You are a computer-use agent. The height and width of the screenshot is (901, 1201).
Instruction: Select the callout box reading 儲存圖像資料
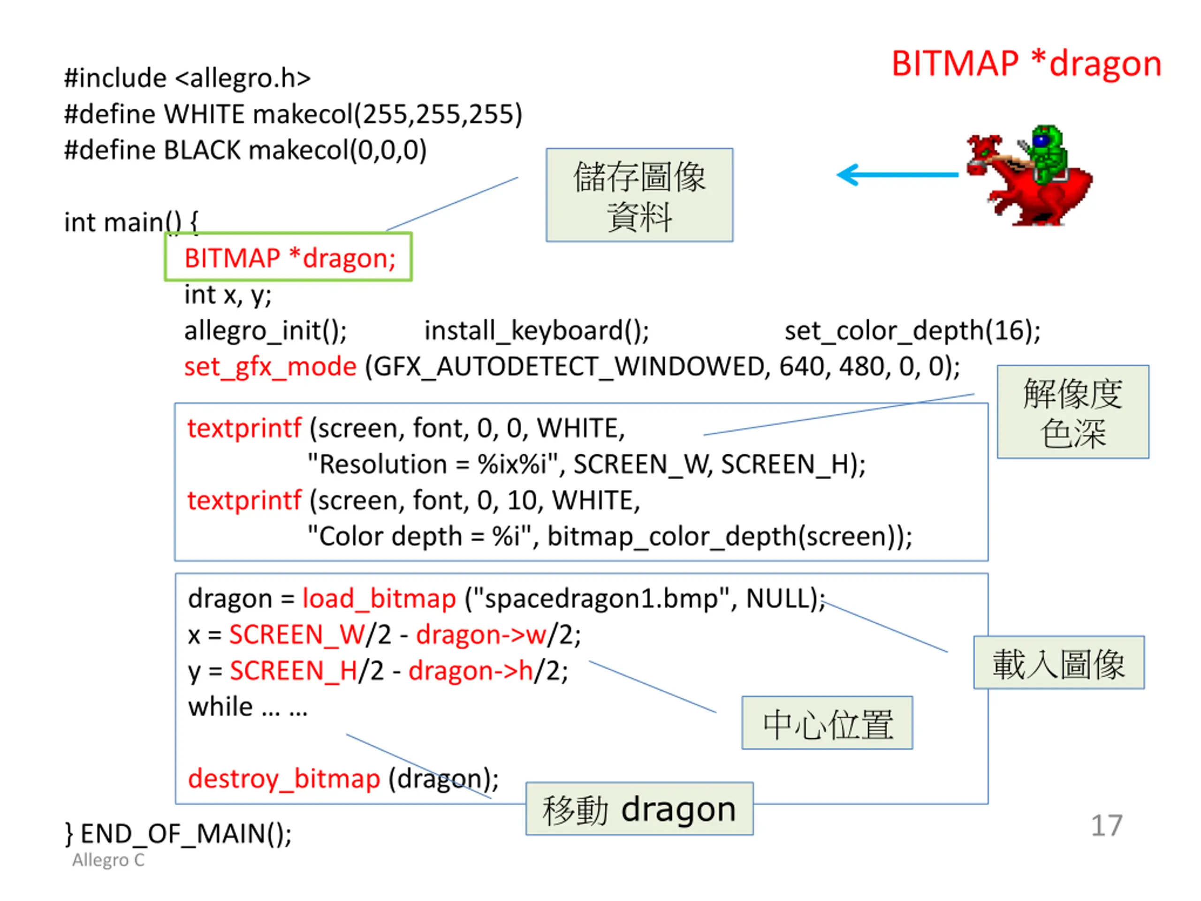(x=639, y=195)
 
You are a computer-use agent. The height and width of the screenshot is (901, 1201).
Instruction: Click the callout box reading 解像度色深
(x=1072, y=412)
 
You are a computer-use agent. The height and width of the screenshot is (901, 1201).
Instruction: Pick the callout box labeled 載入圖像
(x=1058, y=663)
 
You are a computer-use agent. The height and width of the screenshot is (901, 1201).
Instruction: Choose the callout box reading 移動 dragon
(x=639, y=809)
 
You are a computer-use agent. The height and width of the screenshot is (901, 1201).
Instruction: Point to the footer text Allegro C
(x=108, y=860)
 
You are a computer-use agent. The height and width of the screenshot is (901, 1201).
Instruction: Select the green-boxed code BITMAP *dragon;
(x=289, y=258)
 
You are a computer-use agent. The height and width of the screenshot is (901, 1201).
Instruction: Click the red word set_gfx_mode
(x=270, y=367)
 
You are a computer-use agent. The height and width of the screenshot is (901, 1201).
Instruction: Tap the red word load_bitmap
(x=379, y=598)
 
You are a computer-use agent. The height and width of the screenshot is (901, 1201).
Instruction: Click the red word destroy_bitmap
(x=283, y=779)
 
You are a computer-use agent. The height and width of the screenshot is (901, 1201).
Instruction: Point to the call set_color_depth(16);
(x=912, y=330)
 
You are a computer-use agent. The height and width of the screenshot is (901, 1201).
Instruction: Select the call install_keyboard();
(x=536, y=330)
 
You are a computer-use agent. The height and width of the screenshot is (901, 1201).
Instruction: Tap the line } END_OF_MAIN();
(x=178, y=833)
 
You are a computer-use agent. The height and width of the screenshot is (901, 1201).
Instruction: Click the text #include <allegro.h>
(x=187, y=77)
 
